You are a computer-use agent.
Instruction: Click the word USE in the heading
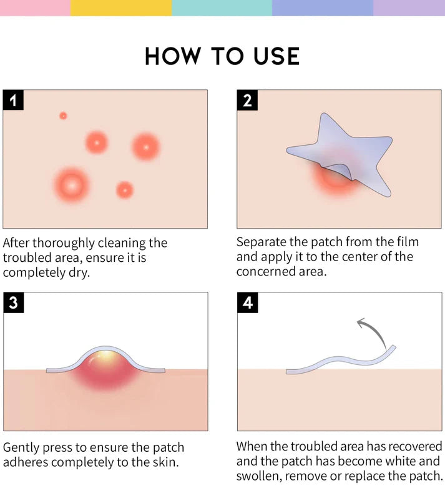click(276, 56)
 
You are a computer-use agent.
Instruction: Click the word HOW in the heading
click(173, 56)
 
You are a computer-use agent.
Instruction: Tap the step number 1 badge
click(13, 101)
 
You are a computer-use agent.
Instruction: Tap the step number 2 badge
click(247, 101)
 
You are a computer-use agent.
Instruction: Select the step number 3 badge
click(14, 302)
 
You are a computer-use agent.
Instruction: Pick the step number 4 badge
click(247, 302)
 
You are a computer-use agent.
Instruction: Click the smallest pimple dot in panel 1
click(63, 116)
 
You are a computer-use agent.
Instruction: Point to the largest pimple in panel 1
click(72, 186)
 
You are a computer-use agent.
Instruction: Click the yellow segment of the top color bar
click(121, 7)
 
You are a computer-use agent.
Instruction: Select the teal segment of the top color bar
click(222, 7)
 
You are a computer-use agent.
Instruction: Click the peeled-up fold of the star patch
click(339, 172)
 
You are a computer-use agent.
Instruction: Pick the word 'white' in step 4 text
click(401, 461)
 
